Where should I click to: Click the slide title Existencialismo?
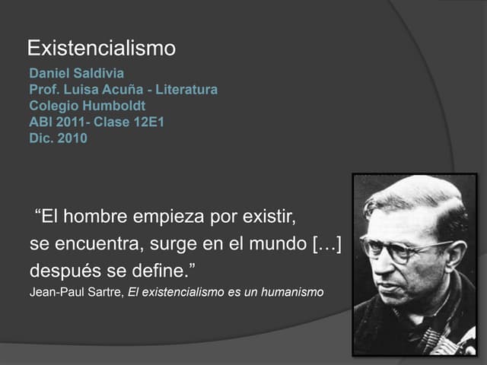click(x=101, y=49)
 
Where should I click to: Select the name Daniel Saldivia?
click(x=76, y=75)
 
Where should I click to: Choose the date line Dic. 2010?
click(x=58, y=138)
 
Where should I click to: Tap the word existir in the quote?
click(x=267, y=217)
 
